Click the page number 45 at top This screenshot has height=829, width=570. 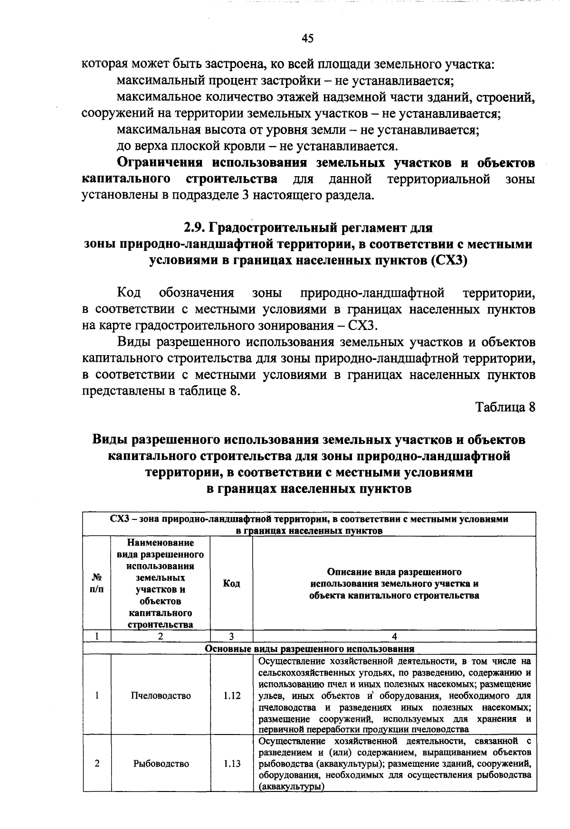[x=307, y=39]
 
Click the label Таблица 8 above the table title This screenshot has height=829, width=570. [x=505, y=407]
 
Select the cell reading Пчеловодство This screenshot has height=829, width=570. [x=161, y=696]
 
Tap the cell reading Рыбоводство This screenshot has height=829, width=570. [x=161, y=763]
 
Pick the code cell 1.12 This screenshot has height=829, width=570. [x=232, y=696]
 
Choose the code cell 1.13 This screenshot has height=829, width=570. [x=232, y=763]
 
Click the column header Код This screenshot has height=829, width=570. [x=231, y=584]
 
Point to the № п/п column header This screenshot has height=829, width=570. [x=97, y=584]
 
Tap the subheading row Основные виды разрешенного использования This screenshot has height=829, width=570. [x=309, y=649]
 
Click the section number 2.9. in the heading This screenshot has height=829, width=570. [x=196, y=228]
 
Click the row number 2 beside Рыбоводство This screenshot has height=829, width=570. [x=97, y=763]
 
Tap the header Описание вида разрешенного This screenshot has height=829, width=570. [x=394, y=572]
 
